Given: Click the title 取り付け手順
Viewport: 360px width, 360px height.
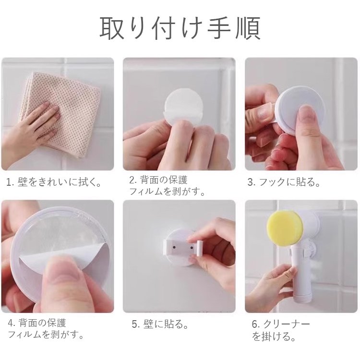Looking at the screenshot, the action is tap(180, 28).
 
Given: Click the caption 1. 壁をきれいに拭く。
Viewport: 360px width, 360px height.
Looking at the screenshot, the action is tap(54, 182).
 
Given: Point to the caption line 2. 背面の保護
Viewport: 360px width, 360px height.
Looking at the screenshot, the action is tap(158, 180).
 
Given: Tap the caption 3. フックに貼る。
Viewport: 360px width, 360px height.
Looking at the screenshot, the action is tap(284, 182).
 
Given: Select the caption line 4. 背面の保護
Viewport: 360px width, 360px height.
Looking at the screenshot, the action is tap(37, 323).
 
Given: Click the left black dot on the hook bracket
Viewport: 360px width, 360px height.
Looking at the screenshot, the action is tap(174, 248).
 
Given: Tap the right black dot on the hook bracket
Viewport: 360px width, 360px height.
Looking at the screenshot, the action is tap(191, 248).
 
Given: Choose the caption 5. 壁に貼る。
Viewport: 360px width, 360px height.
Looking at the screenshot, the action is tap(160, 324).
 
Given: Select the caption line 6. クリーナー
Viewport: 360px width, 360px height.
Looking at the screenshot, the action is tap(281, 324).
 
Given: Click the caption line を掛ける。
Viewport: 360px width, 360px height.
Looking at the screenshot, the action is tap(274, 336).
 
